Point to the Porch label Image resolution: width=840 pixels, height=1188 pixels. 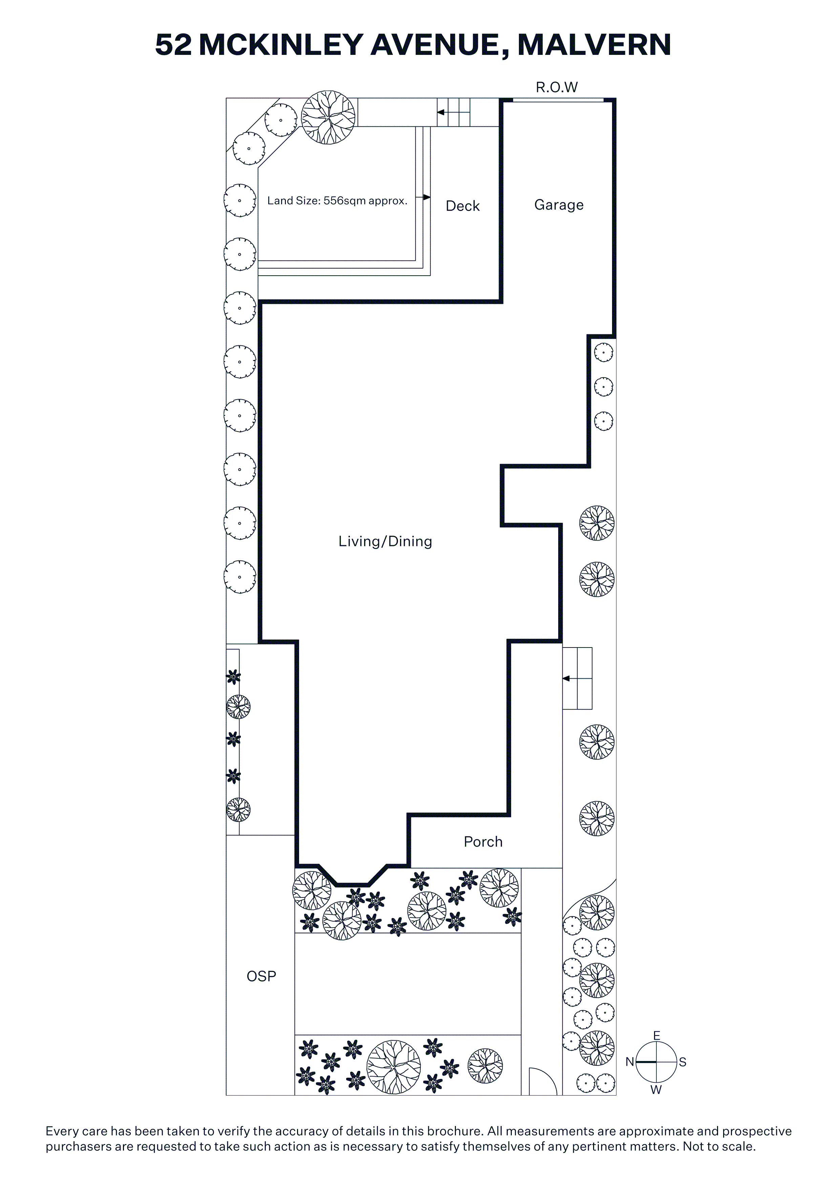(x=483, y=842)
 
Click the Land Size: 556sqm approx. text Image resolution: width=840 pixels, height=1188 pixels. (x=337, y=201)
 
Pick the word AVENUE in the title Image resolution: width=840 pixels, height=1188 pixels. (x=439, y=45)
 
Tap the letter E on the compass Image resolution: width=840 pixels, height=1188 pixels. (x=656, y=1035)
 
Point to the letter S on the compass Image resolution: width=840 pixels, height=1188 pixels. (x=682, y=1062)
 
